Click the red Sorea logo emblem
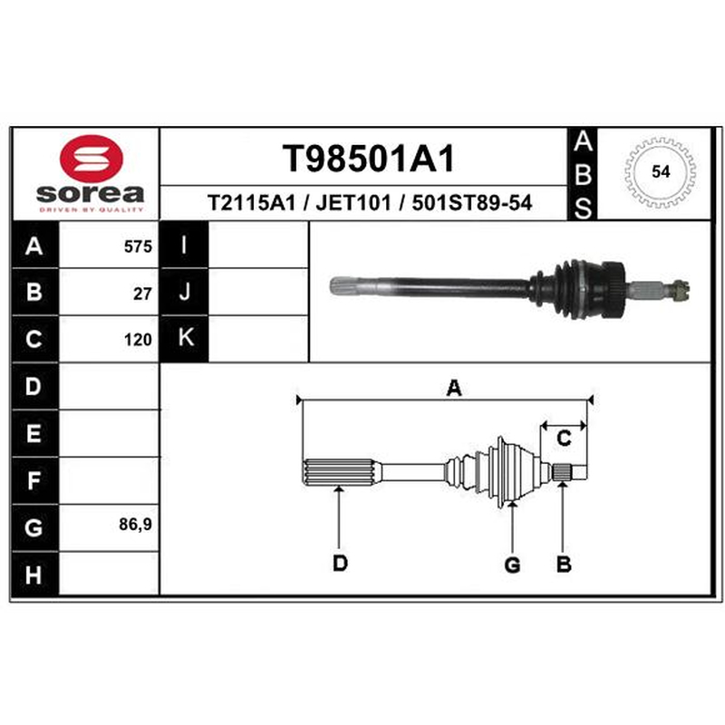pyautogui.click(x=92, y=158)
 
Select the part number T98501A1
pyautogui.click(x=369, y=158)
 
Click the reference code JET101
pyautogui.click(x=353, y=202)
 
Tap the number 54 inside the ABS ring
pyautogui.click(x=661, y=171)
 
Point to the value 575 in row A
pyautogui.click(x=138, y=246)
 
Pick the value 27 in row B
pyautogui.click(x=142, y=294)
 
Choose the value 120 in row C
pyautogui.click(x=138, y=340)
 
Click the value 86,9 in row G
pyautogui.click(x=135, y=525)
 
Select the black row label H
pyautogui.click(x=34, y=575)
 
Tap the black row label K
pyautogui.click(x=184, y=338)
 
